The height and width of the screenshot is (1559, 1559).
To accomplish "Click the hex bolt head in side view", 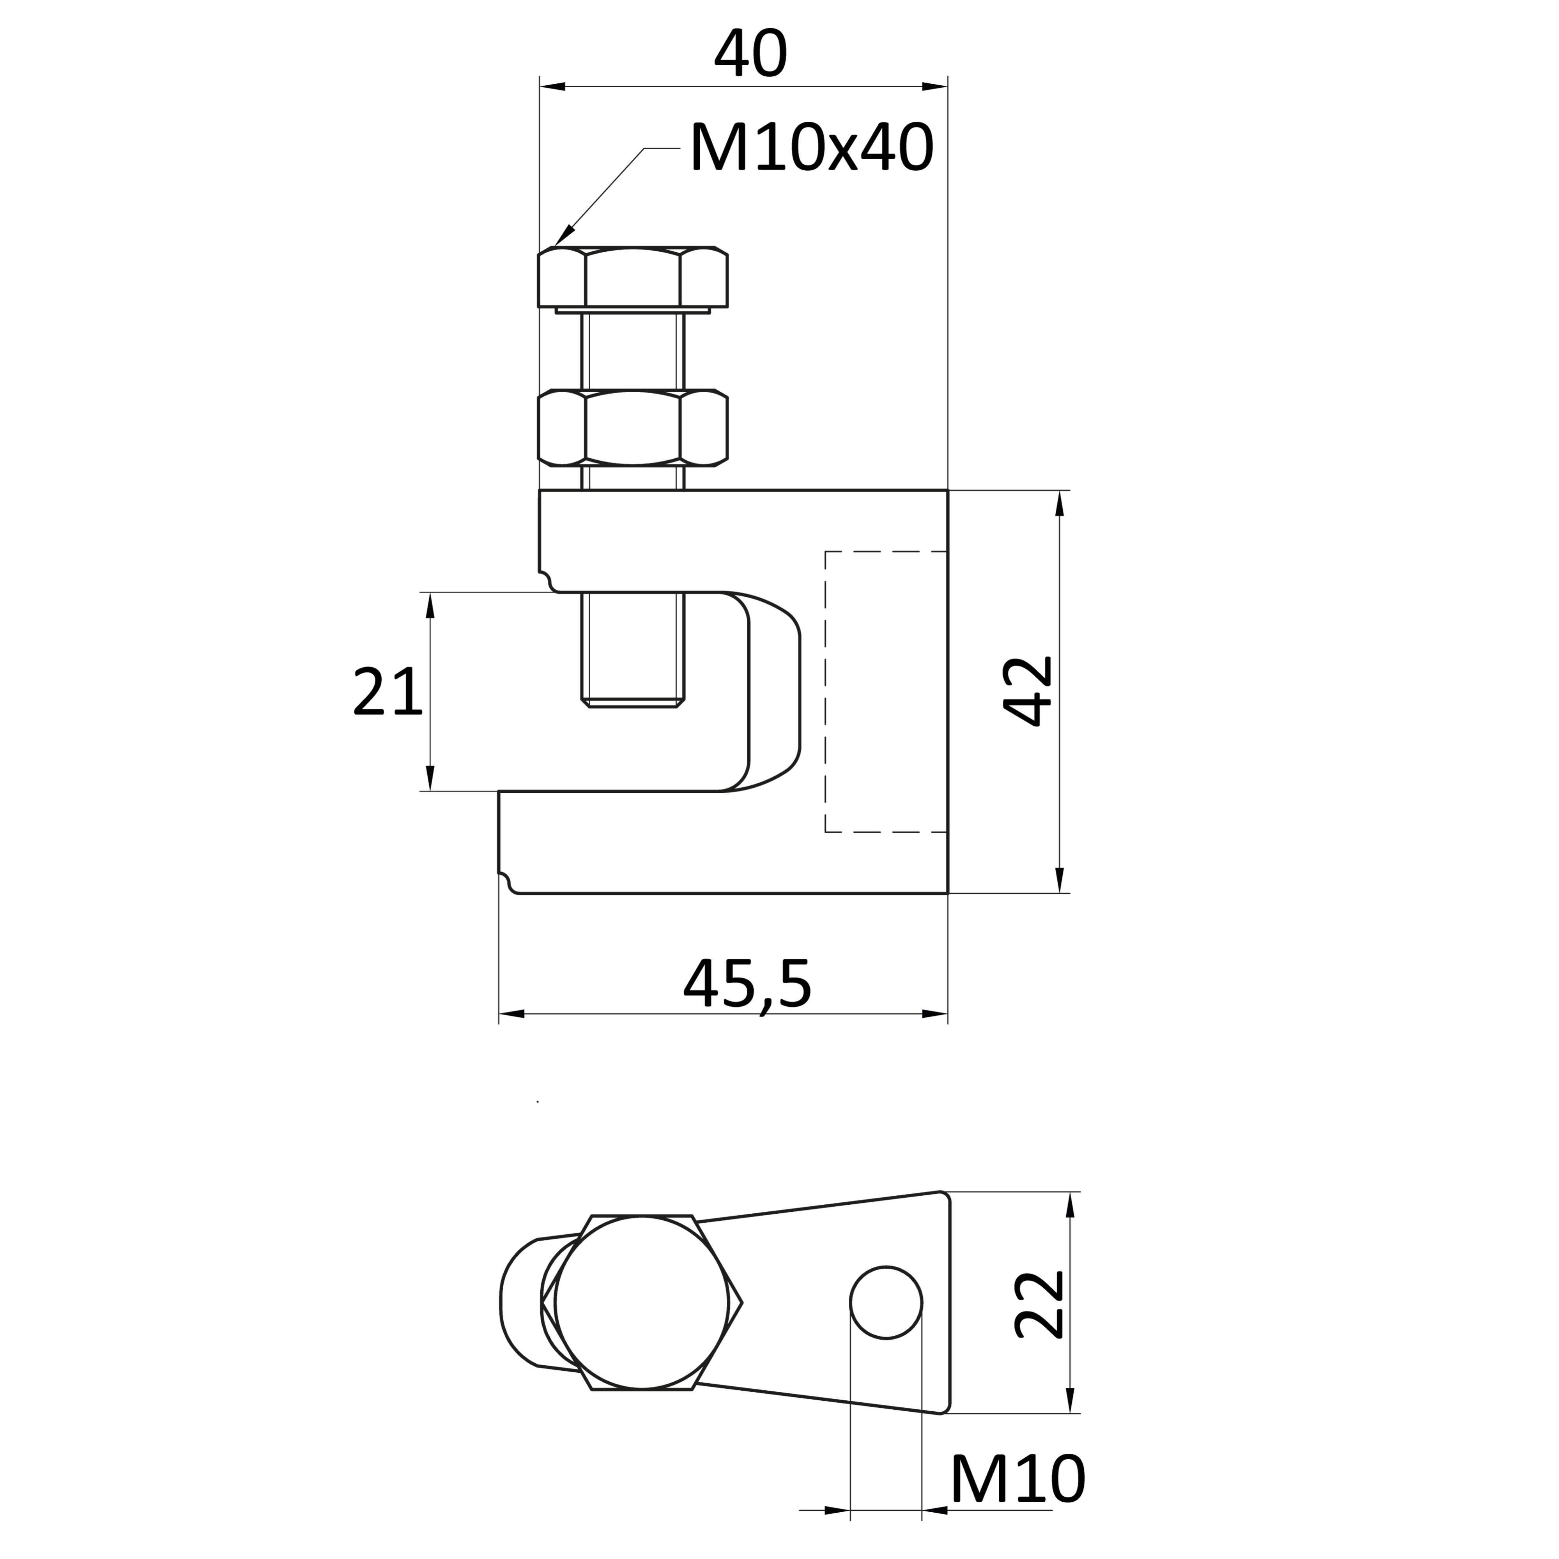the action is click(x=633, y=277).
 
